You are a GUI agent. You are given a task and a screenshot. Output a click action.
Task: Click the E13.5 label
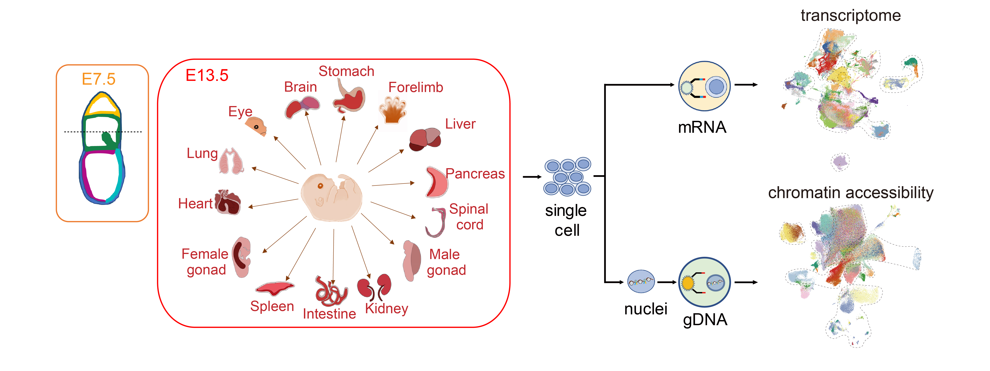(207, 75)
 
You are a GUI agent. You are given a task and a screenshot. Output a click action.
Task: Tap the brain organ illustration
(302, 107)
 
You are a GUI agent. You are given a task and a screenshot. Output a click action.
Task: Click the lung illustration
(231, 161)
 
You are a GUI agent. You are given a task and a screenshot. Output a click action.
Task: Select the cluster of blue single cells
(567, 177)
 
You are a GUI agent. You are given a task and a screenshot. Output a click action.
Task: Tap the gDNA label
(705, 319)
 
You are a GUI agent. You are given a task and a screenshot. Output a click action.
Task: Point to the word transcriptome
(851, 15)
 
